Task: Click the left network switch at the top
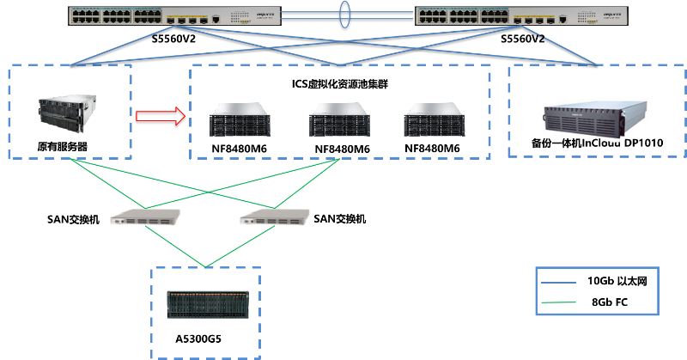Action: pyautogui.click(x=175, y=15)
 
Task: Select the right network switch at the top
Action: pyautogui.click(x=521, y=15)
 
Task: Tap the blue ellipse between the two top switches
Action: pyautogui.click(x=345, y=15)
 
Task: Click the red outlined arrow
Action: pyautogui.click(x=161, y=116)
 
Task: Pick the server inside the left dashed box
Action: pyautogui.click(x=63, y=116)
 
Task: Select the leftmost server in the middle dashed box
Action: pyautogui.click(x=240, y=119)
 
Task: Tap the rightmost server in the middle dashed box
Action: pyautogui.click(x=434, y=119)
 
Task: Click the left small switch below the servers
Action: pyautogui.click(x=145, y=217)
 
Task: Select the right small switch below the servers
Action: pyautogui.click(x=274, y=217)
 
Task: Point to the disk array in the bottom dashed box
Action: pyautogui.click(x=207, y=304)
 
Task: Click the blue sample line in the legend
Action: pyautogui.click(x=558, y=282)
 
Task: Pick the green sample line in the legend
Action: pyautogui.click(x=558, y=302)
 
